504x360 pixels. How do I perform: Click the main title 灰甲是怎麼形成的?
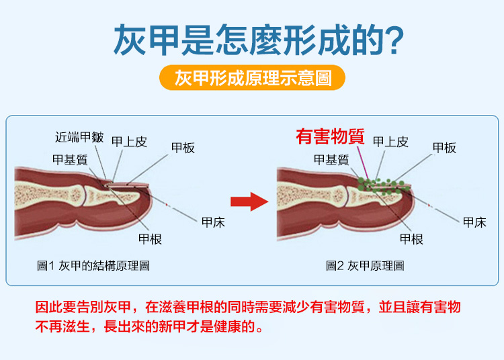pos(258,39)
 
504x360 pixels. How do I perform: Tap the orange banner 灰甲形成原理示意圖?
pos(252,77)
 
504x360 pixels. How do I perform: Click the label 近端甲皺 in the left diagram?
pos(79,137)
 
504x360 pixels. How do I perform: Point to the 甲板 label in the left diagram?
pos(183,148)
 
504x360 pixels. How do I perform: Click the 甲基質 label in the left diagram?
pos(70,159)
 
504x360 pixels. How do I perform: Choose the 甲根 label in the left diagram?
pos(150,239)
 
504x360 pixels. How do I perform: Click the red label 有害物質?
pos(330,137)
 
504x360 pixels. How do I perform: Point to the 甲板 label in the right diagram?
pos(444,148)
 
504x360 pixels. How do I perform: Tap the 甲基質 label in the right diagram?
pos(331,159)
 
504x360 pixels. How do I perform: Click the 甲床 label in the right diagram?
pos(474,222)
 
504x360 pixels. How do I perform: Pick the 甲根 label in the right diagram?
pos(411,239)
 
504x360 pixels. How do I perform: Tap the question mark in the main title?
pos(396,40)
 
